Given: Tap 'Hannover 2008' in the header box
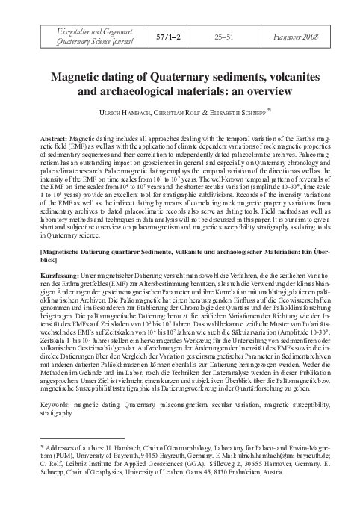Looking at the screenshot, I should [x=302, y=36].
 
